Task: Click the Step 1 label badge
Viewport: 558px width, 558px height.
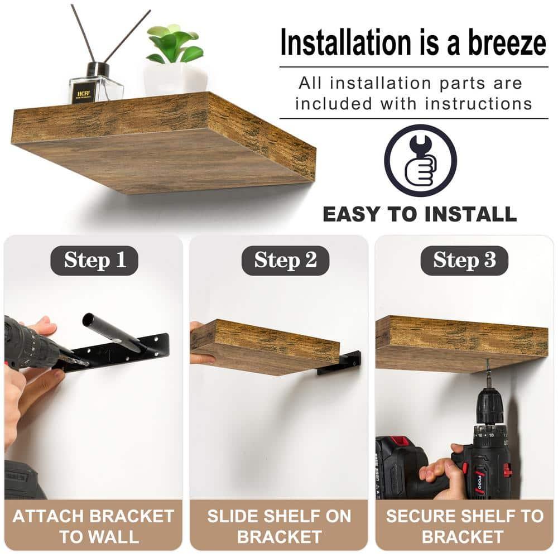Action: click(94, 261)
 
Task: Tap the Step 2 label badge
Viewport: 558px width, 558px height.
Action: click(285, 261)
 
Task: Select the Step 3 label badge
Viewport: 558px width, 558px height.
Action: click(464, 261)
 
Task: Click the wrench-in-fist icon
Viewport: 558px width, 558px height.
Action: click(420, 160)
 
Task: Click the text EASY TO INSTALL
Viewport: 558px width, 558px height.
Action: click(420, 214)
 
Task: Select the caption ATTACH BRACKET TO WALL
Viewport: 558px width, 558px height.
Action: click(93, 526)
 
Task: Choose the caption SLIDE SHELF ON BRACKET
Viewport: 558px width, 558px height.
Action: click(279, 526)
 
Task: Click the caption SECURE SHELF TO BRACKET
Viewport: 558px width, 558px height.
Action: click(464, 526)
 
